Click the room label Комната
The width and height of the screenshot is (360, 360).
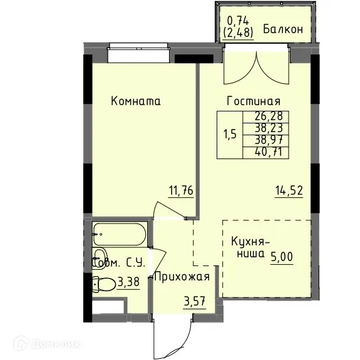click(x=135, y=100)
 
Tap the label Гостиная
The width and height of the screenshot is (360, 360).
click(x=253, y=101)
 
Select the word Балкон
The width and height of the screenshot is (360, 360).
click(x=283, y=29)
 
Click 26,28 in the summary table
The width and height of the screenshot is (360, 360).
click(x=268, y=116)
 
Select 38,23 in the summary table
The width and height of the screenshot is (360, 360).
click(x=268, y=127)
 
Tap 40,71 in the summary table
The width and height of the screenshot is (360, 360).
click(x=268, y=150)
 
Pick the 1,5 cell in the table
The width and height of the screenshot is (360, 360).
click(x=230, y=133)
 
